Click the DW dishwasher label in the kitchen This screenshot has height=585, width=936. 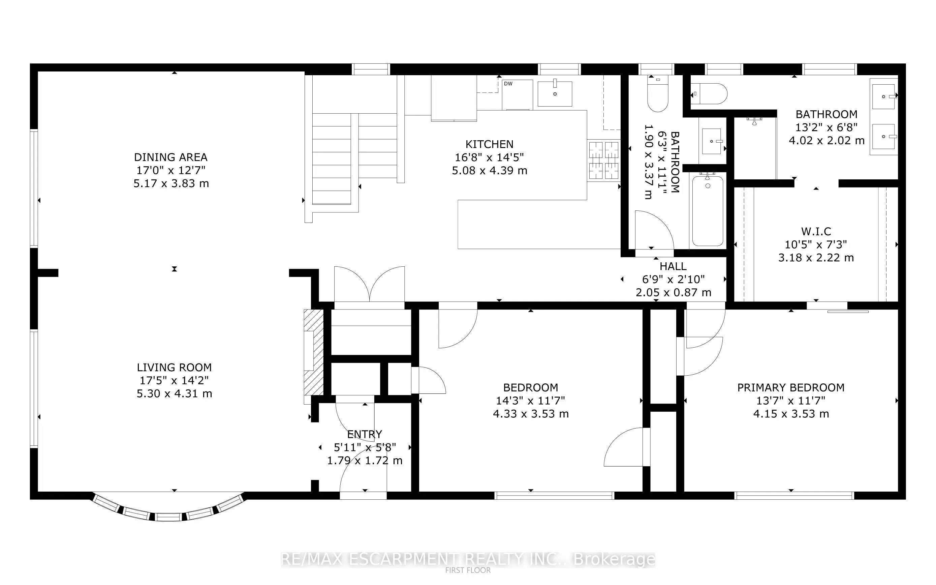pyautogui.click(x=508, y=84)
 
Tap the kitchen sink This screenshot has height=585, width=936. pyautogui.click(x=555, y=94)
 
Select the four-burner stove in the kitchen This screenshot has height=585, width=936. pyautogui.click(x=604, y=160)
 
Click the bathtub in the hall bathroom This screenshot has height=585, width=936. pyautogui.click(x=708, y=211)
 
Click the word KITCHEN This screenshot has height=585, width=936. pyautogui.click(x=490, y=144)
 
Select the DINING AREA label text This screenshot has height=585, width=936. pyautogui.click(x=171, y=157)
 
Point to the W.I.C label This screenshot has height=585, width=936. pyautogui.click(x=816, y=231)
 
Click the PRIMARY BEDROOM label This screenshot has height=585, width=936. pyautogui.click(x=791, y=387)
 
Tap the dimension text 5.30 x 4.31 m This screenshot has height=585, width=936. pyautogui.click(x=175, y=393)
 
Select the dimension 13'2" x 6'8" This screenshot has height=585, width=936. pyautogui.click(x=826, y=127)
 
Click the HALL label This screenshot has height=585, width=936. pyautogui.click(x=673, y=266)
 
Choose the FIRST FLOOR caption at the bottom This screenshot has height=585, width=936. pyautogui.click(x=468, y=570)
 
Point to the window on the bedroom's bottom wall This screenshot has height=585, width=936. pyautogui.click(x=554, y=496)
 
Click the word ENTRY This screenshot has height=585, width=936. pyautogui.click(x=365, y=434)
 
